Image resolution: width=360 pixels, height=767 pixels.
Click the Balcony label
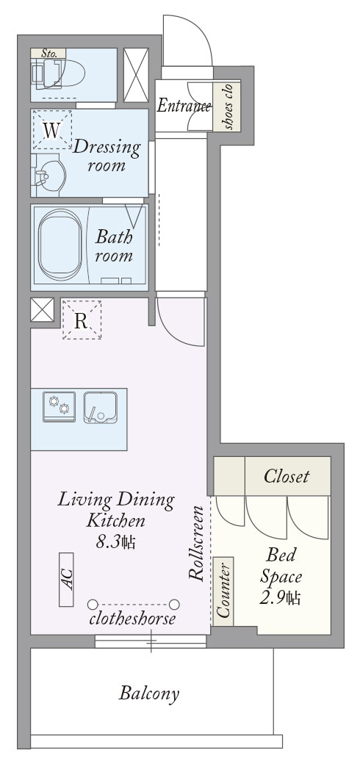pyautogui.click(x=149, y=694)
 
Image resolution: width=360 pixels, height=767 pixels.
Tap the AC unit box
pyautogui.click(x=66, y=579)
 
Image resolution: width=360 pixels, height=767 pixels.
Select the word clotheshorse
pyautogui.click(x=132, y=619)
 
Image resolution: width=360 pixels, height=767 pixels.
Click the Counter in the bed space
pyautogui.click(x=223, y=591)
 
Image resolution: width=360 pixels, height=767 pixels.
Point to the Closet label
pyautogui.click(x=287, y=476)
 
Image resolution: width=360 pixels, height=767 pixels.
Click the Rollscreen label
pyautogui.click(x=196, y=543)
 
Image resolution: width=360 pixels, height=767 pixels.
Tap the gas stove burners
pyautogui.click(x=60, y=406)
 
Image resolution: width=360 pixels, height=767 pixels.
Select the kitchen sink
pyautogui.click(x=100, y=407)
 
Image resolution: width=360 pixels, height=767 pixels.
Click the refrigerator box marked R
pyautogui.click(x=82, y=320)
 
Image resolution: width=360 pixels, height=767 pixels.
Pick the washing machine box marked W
pyautogui.click(x=51, y=129)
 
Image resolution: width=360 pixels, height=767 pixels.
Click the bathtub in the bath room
pyautogui.click(x=60, y=245)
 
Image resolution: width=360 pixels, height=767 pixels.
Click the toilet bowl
pyautogui.click(x=64, y=74)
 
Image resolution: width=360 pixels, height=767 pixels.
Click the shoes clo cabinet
pyautogui.click(x=226, y=106)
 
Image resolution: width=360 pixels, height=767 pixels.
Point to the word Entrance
pyautogui.click(x=184, y=106)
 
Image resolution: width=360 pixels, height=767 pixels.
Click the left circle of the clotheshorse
pyautogui.click(x=93, y=604)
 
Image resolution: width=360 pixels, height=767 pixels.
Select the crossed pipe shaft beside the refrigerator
pyautogui.click(x=42, y=309)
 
